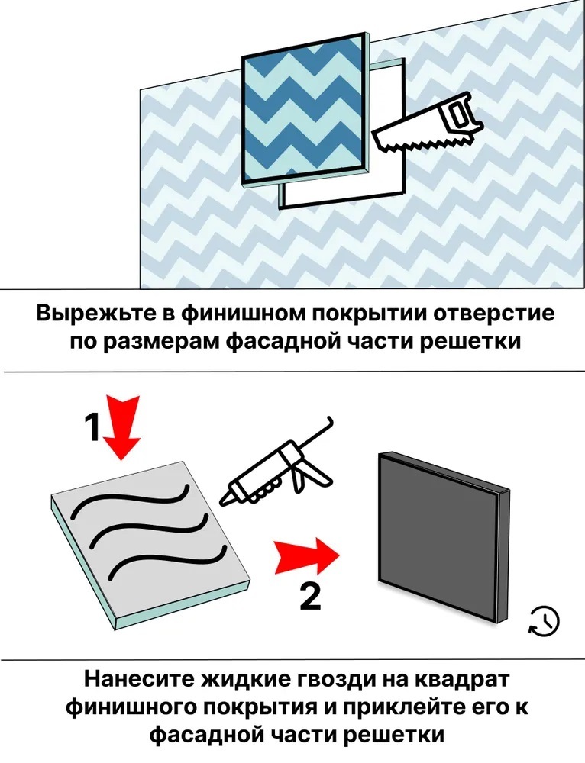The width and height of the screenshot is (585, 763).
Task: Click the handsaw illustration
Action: pyautogui.click(x=428, y=126)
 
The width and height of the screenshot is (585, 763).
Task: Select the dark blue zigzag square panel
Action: pyautogui.click(x=305, y=111)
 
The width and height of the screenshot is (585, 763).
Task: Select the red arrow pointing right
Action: pyautogui.click(x=306, y=555)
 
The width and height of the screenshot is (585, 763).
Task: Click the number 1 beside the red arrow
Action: pyautogui.click(x=92, y=428)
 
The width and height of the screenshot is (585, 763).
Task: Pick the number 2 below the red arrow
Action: pyautogui.click(x=310, y=597)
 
